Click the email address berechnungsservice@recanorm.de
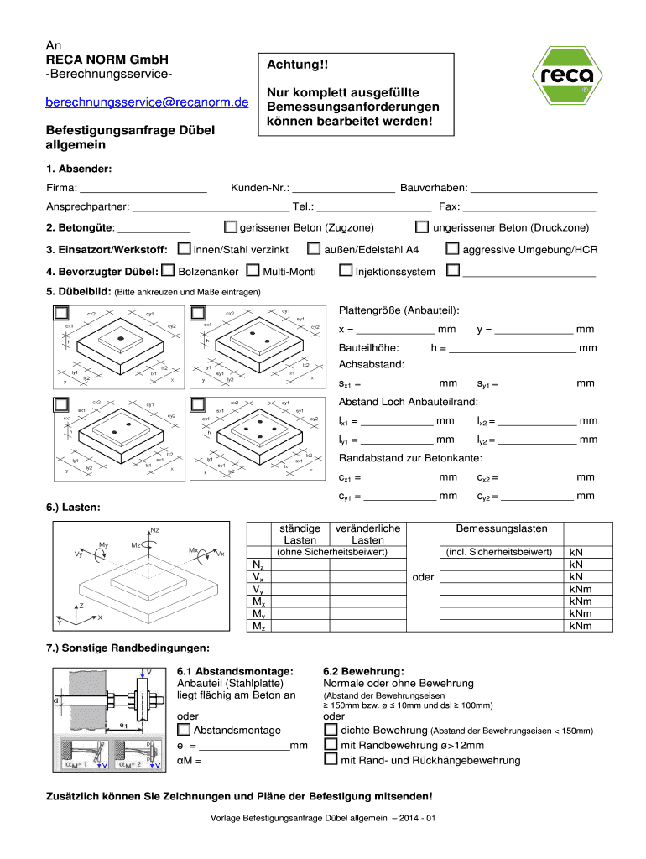point(148,103)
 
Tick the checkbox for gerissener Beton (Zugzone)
point(231,227)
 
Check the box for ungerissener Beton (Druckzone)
point(423,227)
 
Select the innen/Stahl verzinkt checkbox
point(184,249)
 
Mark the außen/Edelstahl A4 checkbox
point(315,249)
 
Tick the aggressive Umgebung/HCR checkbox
point(453,249)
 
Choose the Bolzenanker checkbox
point(169,271)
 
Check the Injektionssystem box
point(345,271)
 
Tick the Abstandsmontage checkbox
point(184,730)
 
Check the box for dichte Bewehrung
point(331,730)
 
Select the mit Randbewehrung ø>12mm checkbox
point(331,745)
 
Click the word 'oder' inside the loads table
point(423,578)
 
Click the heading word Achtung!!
point(294,65)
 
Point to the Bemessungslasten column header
point(502,528)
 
